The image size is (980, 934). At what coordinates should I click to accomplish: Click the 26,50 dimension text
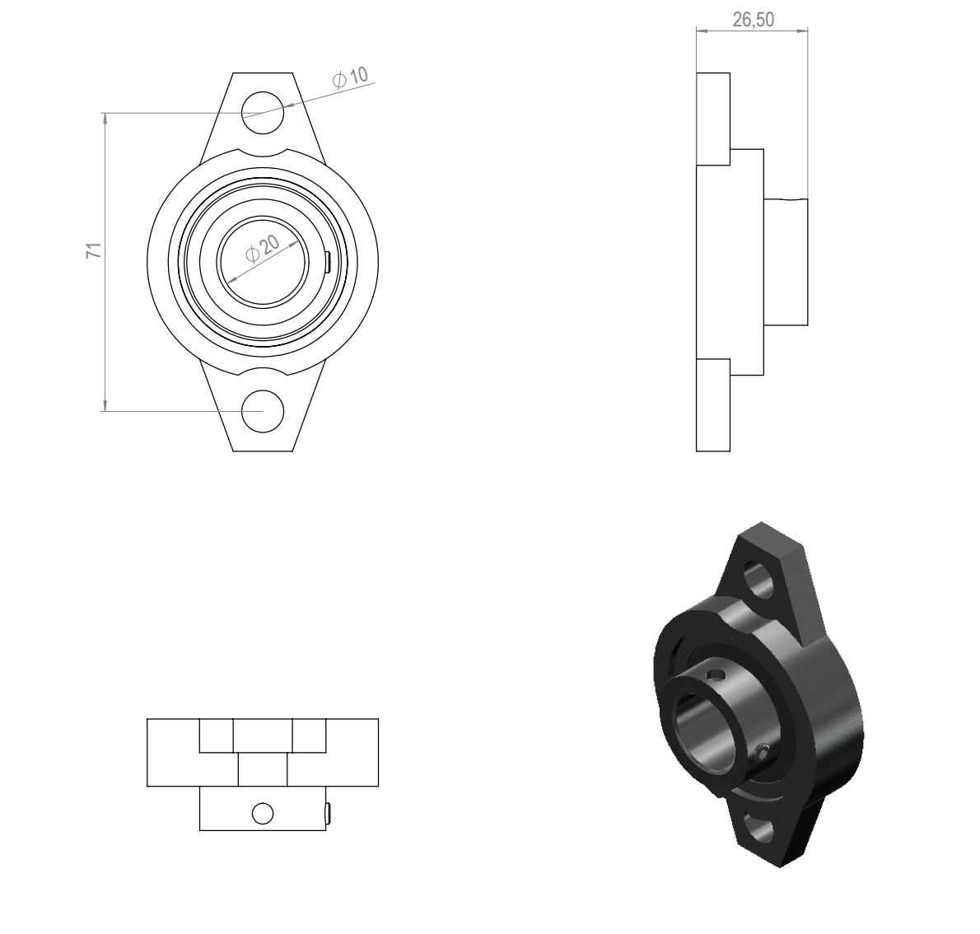(x=754, y=20)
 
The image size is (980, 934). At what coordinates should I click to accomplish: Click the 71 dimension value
(x=94, y=251)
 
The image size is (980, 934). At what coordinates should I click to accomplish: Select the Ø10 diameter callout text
(x=351, y=78)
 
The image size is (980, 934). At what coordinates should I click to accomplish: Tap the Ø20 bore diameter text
(x=263, y=248)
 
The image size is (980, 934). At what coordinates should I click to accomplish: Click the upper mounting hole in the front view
(x=263, y=113)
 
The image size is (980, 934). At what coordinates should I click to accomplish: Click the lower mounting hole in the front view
(x=263, y=411)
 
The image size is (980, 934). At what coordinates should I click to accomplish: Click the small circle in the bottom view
(x=263, y=814)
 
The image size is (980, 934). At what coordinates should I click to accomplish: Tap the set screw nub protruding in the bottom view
(x=328, y=814)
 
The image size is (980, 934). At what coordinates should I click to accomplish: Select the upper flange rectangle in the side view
(x=713, y=119)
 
